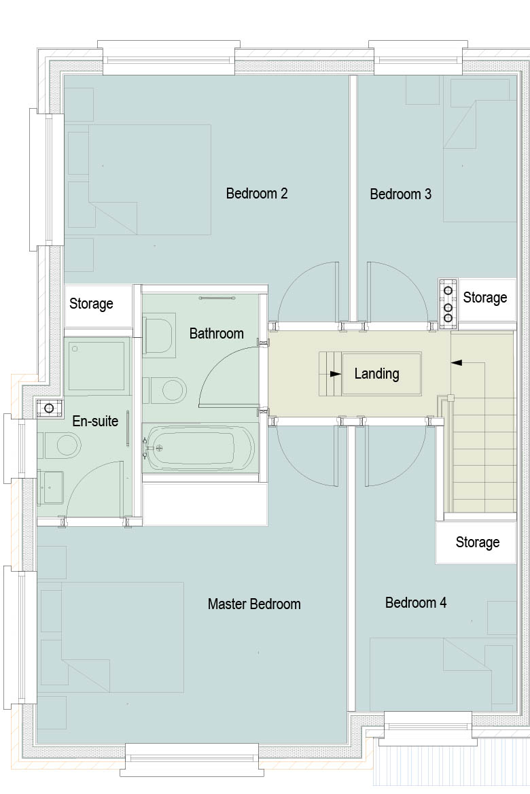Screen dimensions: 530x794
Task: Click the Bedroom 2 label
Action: pos(257,194)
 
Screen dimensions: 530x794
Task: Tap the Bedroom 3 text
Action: pos(400,194)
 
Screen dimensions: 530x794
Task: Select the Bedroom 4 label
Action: pos(416,602)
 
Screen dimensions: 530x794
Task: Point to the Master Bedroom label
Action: pos(254,604)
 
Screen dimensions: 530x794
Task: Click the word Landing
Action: pos(376,374)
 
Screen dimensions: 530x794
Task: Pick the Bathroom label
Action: pos(216,334)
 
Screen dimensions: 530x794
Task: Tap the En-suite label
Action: pos(95,421)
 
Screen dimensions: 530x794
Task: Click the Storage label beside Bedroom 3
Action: pos(485,298)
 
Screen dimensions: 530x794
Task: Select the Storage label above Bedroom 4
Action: pos(478,542)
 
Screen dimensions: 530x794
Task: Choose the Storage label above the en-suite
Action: pos(91,304)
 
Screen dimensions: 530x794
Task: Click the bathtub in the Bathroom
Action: pos(198,448)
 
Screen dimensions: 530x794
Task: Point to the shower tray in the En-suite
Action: pos(96,366)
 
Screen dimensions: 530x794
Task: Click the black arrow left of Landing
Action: pos(335,374)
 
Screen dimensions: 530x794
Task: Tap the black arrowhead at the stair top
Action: pos(456,362)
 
